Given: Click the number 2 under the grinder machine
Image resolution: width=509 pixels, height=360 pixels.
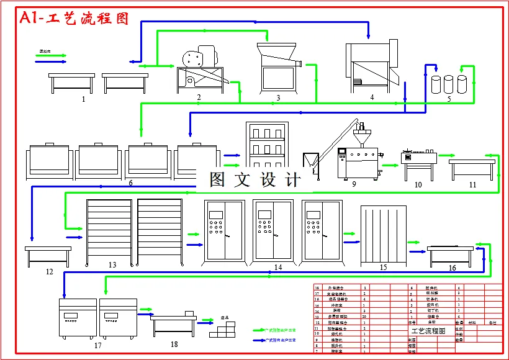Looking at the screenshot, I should tap(199, 97).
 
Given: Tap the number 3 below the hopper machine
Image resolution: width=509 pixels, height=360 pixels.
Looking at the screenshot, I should tap(278, 97).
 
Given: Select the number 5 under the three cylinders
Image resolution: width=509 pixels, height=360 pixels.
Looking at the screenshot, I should tap(372, 97).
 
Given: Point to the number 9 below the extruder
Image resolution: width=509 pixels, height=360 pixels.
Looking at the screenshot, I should tap(354, 184).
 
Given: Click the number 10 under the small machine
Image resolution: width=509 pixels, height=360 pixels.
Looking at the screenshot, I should tap(418, 185).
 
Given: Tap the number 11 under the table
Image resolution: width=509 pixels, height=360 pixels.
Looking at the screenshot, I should tap(472, 185).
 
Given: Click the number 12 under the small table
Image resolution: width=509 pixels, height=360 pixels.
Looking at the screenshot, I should tap(49, 271).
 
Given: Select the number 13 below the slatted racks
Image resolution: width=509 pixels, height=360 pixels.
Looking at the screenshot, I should tap(112, 265).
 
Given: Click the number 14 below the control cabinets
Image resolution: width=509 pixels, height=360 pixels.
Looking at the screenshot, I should tap(278, 267).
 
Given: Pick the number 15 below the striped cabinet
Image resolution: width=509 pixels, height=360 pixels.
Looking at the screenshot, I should tap(383, 267).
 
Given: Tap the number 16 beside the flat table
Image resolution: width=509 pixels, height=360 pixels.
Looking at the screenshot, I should tap(453, 268).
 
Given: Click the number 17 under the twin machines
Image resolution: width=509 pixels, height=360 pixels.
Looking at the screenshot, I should tap(97, 345).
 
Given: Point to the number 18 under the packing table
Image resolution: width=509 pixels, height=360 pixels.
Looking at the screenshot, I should tap(174, 344).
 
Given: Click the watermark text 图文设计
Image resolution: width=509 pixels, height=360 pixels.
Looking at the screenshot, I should tap(255, 180).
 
